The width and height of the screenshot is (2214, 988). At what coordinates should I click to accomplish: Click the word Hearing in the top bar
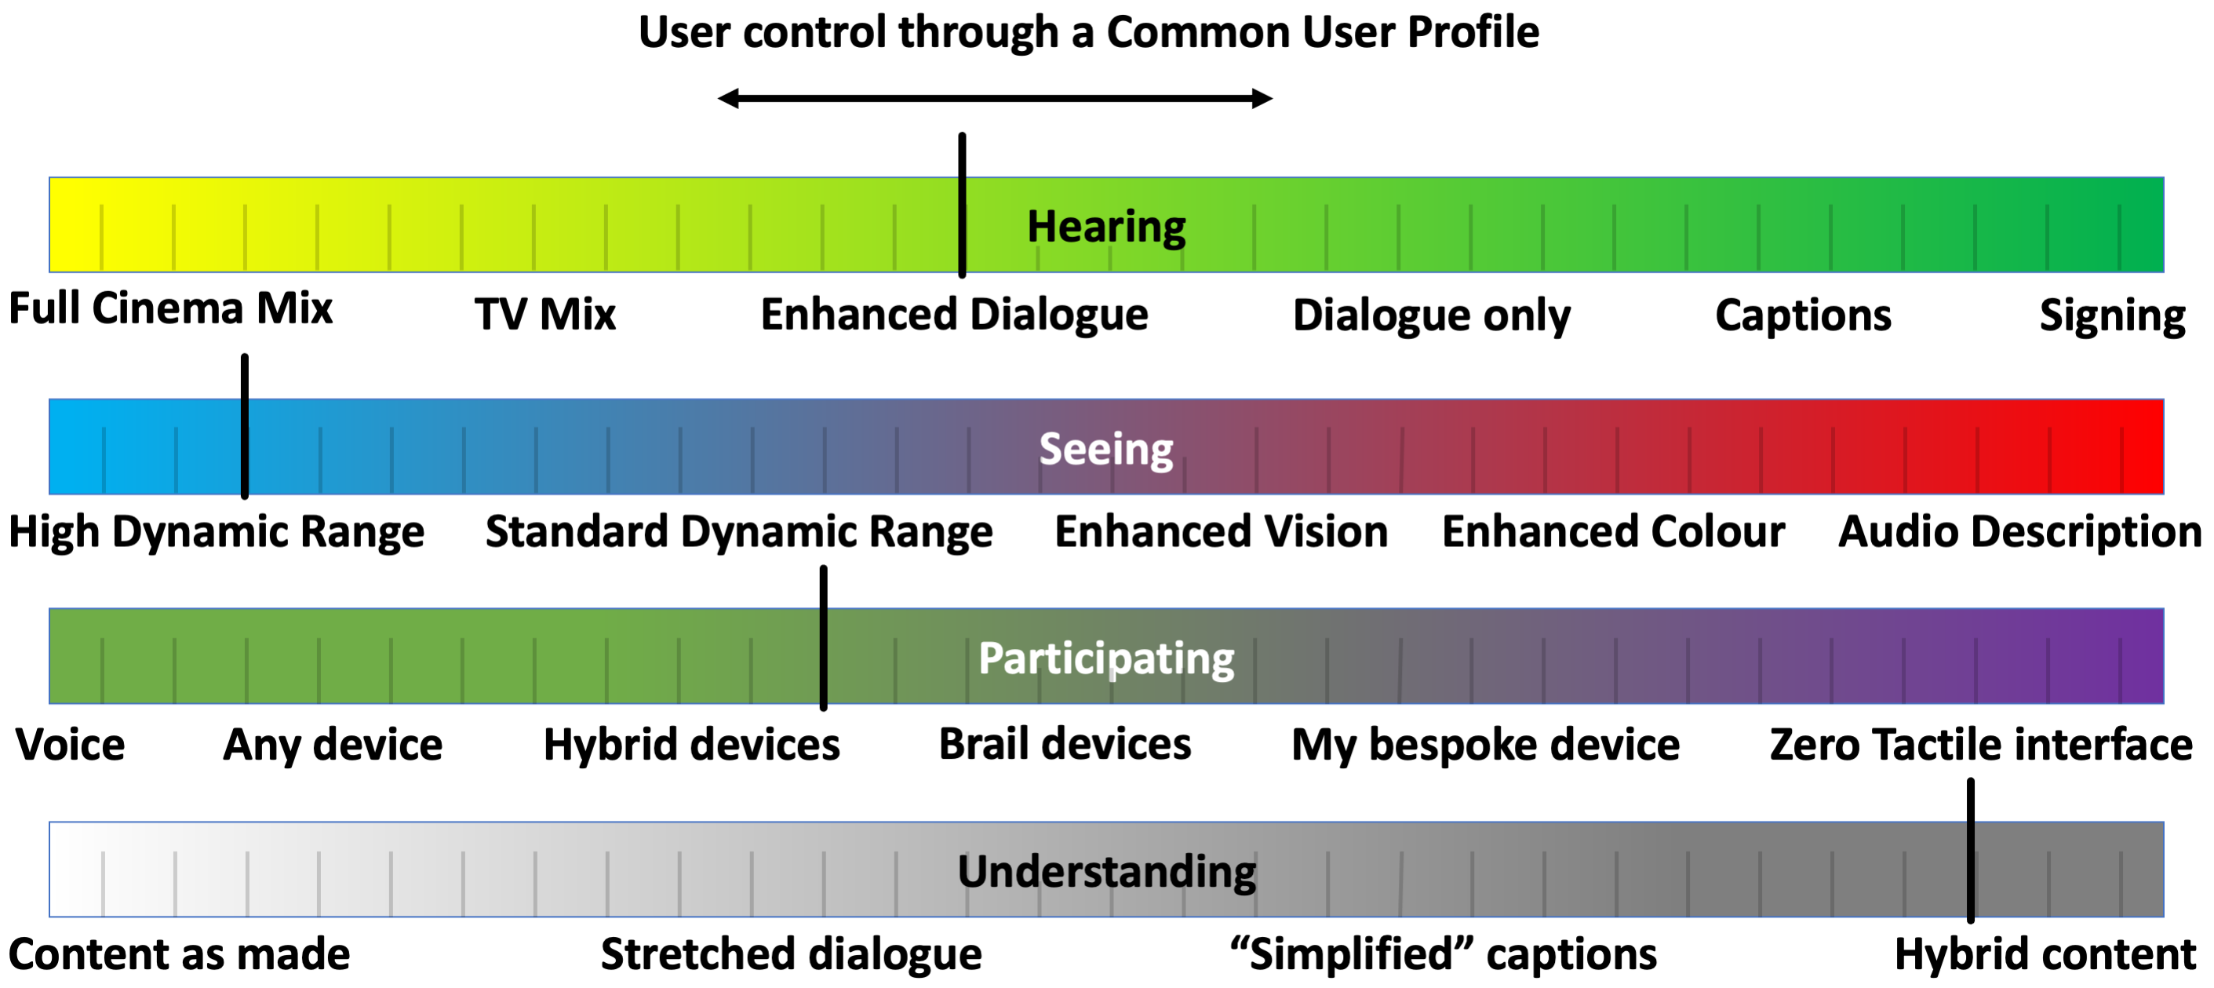point(1106,227)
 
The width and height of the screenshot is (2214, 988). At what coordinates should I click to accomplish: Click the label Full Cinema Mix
point(170,308)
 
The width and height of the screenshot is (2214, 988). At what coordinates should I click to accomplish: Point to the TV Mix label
point(545,315)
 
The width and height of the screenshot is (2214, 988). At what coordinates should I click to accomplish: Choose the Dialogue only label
point(1431,315)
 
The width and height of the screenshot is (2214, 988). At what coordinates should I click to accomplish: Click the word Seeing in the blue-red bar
point(1105,449)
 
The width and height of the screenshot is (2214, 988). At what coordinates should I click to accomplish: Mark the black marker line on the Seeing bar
point(245,425)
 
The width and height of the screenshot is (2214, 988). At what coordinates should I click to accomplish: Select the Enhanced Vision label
point(1221,531)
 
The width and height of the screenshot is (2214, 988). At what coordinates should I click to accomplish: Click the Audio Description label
point(2019,531)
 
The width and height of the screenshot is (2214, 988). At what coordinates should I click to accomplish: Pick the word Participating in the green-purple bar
point(1106,658)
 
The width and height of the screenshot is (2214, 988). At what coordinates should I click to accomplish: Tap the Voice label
point(71,745)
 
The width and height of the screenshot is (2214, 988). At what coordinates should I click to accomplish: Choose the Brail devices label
point(1064,745)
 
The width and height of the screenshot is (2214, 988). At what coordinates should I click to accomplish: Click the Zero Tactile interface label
point(1980,745)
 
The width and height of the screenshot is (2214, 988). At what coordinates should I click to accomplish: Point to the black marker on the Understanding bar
point(1970,851)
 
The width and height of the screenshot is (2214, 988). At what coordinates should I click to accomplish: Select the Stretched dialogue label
point(791,954)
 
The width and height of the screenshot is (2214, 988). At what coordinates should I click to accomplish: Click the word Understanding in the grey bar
point(1106,872)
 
